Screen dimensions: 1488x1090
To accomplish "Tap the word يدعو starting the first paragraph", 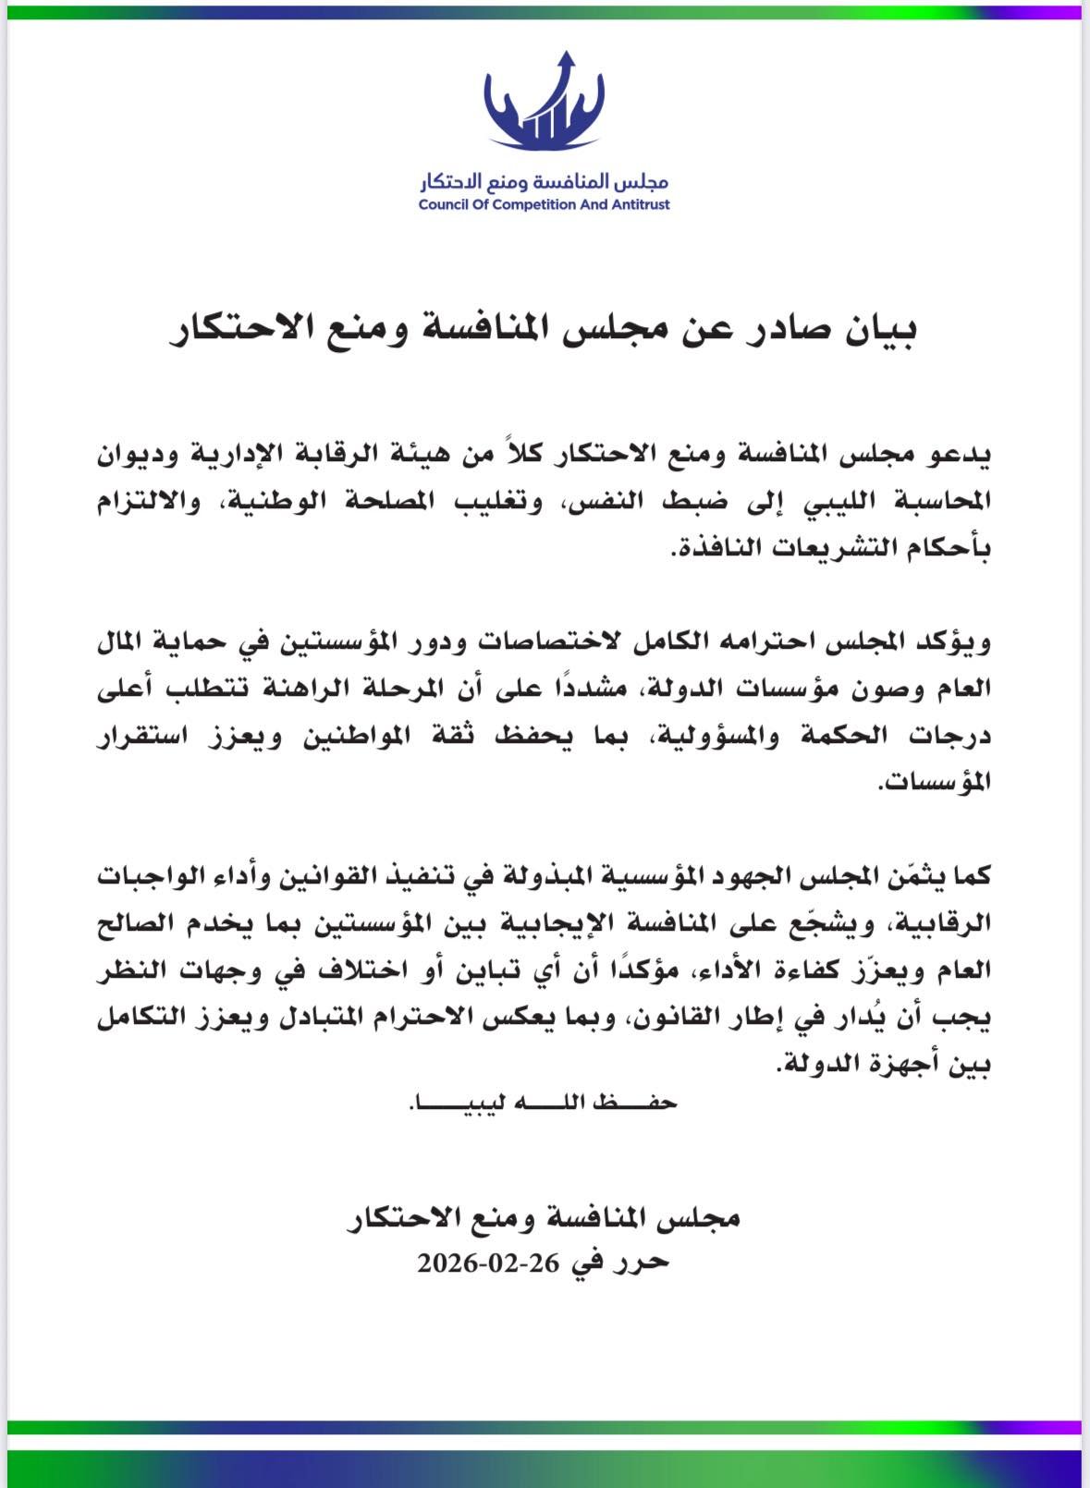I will pyautogui.click(x=958, y=455).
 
